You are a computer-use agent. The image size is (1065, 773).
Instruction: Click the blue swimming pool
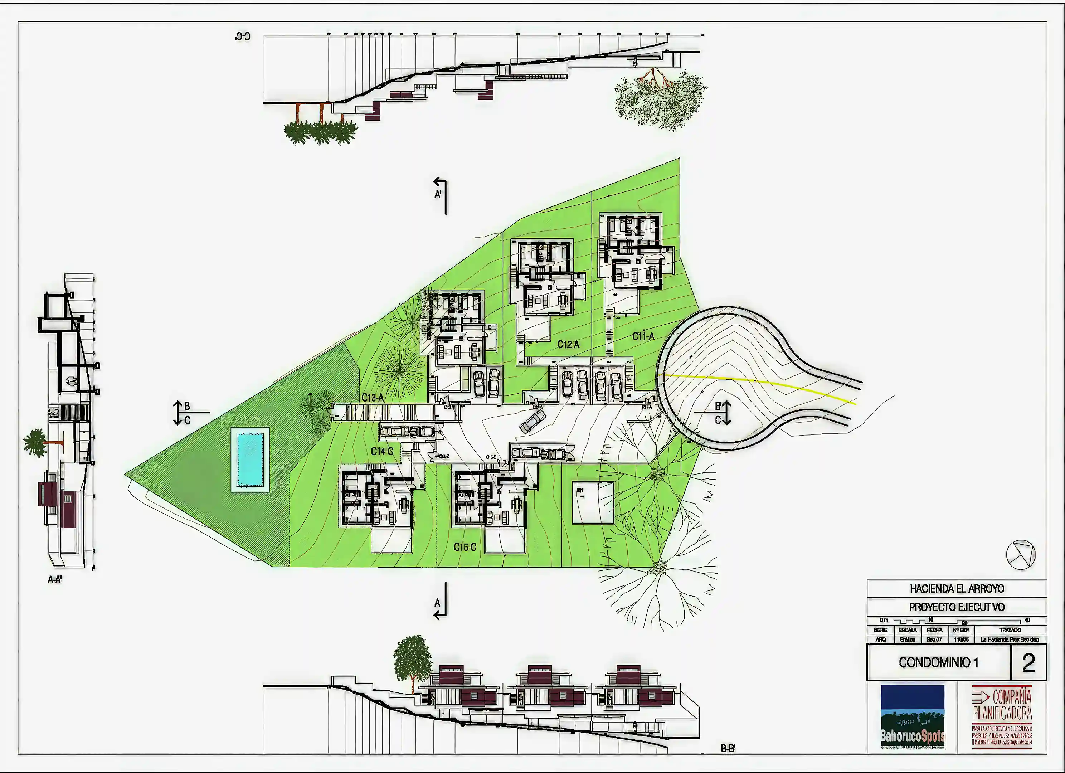[x=250, y=459]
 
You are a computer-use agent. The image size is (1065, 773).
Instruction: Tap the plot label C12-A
[x=568, y=345]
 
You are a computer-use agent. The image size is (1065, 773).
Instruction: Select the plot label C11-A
[x=643, y=336]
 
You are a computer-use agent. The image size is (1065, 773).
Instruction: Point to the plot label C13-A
[x=373, y=398]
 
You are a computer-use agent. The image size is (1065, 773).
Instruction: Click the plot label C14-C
[x=382, y=451]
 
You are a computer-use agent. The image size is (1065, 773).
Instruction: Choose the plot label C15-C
[x=465, y=547]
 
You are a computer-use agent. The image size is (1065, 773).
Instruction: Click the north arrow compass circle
[x=1020, y=555]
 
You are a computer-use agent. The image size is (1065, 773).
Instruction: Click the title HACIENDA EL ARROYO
[x=957, y=588]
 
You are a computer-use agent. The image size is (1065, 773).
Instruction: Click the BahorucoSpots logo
[x=913, y=716]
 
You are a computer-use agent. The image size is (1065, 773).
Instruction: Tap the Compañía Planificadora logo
[x=1002, y=716]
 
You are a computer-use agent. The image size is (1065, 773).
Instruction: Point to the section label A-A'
[x=55, y=579]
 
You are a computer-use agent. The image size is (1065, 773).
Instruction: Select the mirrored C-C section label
[x=243, y=37]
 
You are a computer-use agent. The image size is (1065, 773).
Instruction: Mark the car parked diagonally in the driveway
[x=532, y=421]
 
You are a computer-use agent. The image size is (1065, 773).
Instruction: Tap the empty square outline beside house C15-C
[x=593, y=502]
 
